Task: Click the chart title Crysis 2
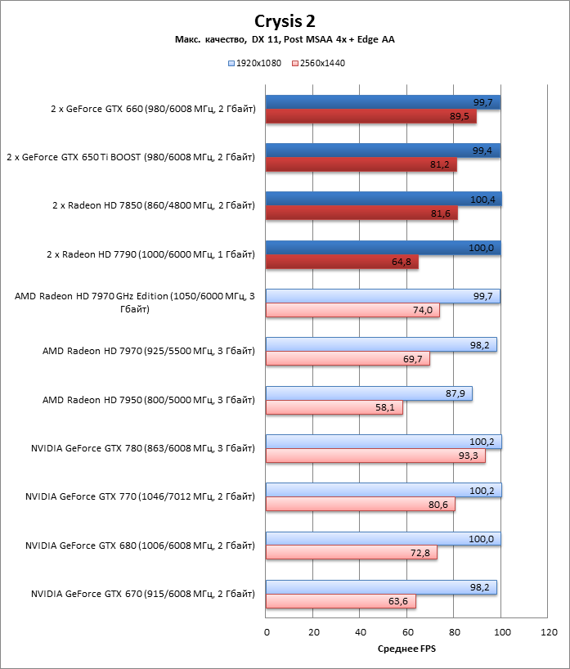pos(285,21)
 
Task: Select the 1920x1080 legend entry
pos(258,63)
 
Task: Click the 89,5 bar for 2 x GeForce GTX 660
pos(371,117)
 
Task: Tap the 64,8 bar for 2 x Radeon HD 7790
pos(343,262)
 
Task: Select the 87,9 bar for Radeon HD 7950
pos(369,393)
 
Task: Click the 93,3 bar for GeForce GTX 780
pos(375,456)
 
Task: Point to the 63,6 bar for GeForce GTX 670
pos(341,601)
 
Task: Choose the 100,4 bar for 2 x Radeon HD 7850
pos(384,199)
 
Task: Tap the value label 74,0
pos(423,310)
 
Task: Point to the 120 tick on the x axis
pos(549,632)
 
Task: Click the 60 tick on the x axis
pos(407,632)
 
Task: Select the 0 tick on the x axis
pos(267,632)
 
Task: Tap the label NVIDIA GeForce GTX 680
pos(140,545)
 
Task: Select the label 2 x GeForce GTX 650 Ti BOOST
pos(131,157)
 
